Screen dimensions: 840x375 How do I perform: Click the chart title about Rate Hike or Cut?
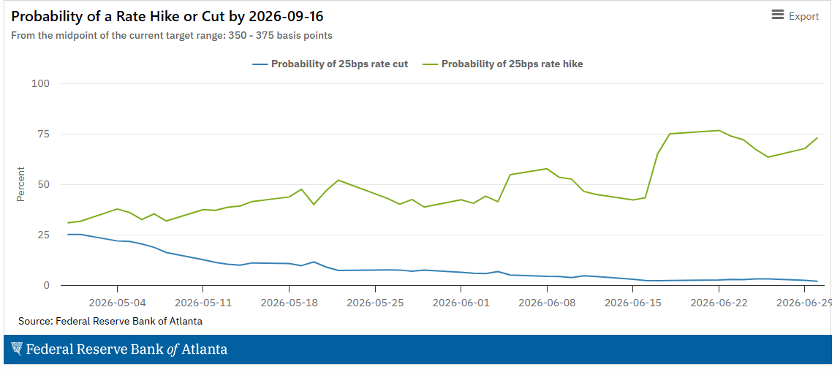(167, 16)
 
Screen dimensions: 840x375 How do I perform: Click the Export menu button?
(795, 16)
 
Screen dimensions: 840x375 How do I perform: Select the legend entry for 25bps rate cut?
(330, 64)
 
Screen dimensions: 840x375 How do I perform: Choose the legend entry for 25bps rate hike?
(503, 64)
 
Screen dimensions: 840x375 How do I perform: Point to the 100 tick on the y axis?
(41, 83)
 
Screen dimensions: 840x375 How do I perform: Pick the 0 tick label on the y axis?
(47, 285)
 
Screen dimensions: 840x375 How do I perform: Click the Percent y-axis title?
(21, 184)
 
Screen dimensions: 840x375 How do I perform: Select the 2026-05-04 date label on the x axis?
(117, 302)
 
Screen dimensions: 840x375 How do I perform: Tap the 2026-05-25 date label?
(375, 302)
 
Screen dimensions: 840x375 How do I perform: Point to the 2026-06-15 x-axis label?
(632, 302)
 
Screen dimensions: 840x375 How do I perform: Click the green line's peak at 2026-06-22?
(719, 130)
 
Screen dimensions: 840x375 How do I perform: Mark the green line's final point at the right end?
(817, 137)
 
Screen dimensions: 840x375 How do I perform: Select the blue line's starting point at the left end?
(69, 234)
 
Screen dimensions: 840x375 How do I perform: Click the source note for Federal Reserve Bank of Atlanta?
(110, 322)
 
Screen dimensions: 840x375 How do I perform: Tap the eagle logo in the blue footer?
(17, 349)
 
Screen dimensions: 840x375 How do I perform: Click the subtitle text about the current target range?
(171, 36)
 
